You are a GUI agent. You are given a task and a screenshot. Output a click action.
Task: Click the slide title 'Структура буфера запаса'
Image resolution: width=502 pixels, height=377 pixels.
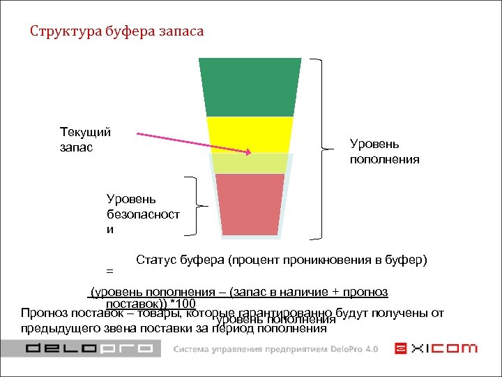click(116, 32)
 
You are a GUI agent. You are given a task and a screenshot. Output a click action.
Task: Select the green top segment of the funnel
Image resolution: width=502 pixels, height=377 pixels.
click(250, 87)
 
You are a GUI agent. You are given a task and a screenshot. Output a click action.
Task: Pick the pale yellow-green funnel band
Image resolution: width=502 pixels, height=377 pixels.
click(250, 163)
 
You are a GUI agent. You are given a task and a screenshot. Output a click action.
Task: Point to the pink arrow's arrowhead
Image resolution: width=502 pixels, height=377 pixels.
click(247, 151)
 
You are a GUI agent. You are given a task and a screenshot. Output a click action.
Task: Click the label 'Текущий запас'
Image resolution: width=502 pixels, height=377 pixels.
click(86, 140)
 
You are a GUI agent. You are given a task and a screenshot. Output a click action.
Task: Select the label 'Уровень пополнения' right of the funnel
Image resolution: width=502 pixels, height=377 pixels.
click(384, 151)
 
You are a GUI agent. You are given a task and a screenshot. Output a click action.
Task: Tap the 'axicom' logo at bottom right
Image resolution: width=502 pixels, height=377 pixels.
click(436, 348)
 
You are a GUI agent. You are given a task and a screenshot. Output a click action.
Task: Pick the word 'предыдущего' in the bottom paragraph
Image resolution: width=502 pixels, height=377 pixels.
click(56, 328)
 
